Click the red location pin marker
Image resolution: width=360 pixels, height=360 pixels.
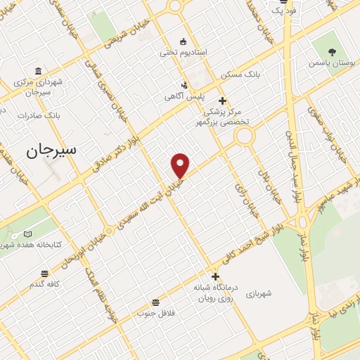coord(181,165)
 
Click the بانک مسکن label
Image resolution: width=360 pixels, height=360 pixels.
coord(240,74)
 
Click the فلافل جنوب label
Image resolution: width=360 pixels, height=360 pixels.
coord(154,311)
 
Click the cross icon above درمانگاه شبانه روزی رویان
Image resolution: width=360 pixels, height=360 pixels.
coord(215,276)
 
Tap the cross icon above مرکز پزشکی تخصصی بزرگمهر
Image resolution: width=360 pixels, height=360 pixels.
coord(222,101)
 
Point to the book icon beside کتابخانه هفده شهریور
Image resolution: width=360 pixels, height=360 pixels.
coord(28,234)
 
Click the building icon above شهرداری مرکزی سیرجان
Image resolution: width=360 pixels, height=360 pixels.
coord(37,71)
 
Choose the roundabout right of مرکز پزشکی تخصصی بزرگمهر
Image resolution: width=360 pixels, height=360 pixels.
coord(245,135)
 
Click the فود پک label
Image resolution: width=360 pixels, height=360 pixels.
coord(284,11)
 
